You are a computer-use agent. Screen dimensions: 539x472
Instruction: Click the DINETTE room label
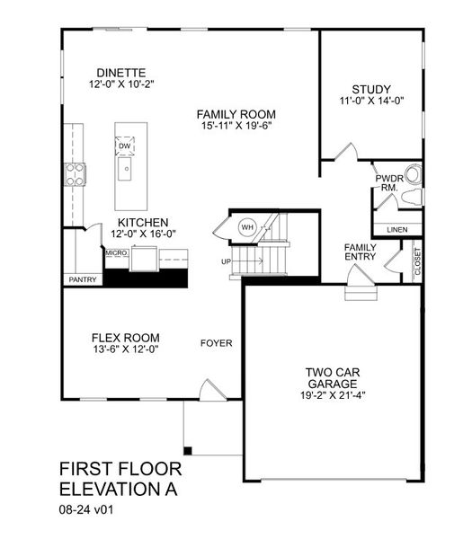[122, 73]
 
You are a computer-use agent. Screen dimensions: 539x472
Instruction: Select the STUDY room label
[371, 88]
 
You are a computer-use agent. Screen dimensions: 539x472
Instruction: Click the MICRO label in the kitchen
[116, 254]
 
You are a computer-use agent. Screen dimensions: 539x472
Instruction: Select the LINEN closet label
[396, 230]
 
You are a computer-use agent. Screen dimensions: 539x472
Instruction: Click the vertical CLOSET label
[417, 261]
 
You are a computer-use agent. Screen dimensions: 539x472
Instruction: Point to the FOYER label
[216, 343]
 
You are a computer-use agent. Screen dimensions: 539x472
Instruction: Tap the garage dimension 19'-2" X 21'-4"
[334, 395]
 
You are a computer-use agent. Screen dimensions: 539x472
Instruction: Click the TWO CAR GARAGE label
[334, 377]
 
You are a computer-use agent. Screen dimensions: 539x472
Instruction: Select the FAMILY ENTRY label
[361, 252]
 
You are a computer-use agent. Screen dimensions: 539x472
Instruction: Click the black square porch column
[187, 449]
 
